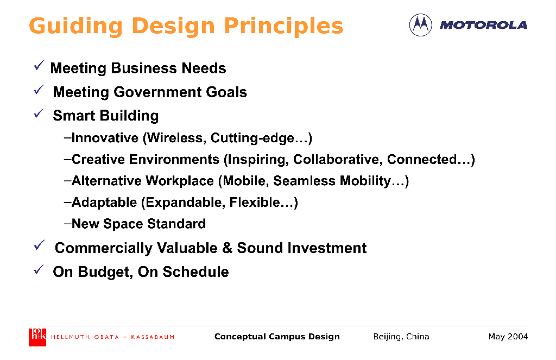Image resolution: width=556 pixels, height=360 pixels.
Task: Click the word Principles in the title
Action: tap(283, 27)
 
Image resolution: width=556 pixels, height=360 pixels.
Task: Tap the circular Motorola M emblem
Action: tap(421, 25)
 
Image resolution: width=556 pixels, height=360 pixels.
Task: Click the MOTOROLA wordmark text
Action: tap(483, 25)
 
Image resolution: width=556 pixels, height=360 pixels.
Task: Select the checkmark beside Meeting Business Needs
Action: tap(39, 65)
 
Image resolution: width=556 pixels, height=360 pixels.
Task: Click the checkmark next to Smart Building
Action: tap(39, 113)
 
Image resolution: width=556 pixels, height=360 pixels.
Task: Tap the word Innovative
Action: tap(105, 137)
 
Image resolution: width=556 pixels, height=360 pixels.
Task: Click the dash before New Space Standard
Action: tap(68, 224)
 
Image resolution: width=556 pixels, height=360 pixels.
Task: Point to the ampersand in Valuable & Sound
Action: tap(227, 248)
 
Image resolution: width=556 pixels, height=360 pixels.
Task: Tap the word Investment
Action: tap(327, 248)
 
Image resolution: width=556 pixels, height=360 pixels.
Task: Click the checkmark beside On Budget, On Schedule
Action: tap(39, 269)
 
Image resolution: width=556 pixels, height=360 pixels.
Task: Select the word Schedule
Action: tap(195, 272)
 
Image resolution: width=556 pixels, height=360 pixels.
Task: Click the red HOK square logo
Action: tap(37, 337)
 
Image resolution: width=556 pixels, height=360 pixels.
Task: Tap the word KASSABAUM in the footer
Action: tap(153, 337)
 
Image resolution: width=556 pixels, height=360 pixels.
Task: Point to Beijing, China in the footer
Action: tap(401, 337)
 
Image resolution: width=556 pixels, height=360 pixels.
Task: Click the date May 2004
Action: tap(508, 337)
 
